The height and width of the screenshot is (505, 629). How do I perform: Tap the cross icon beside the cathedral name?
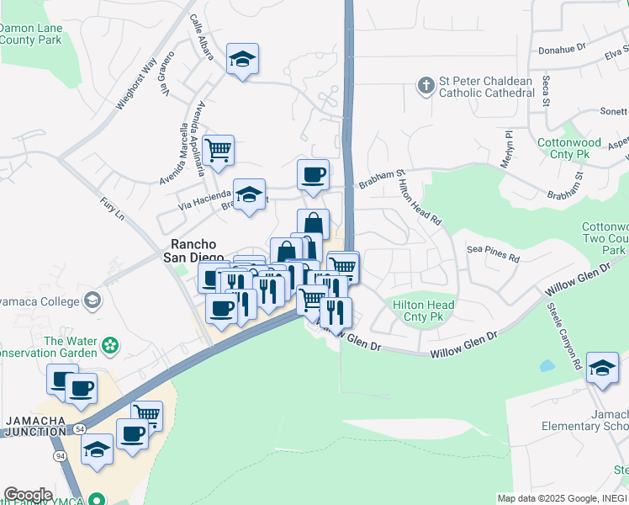pyautogui.click(x=425, y=85)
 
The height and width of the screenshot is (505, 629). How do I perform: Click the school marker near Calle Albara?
pyautogui.click(x=242, y=59)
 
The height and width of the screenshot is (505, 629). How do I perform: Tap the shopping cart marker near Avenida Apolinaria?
pyautogui.click(x=218, y=151)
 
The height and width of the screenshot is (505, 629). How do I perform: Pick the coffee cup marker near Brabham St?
pyautogui.click(x=313, y=175)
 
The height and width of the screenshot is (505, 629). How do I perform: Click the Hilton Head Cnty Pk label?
pyautogui.click(x=424, y=311)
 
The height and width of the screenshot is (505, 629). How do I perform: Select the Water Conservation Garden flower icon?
pyautogui.click(x=109, y=346)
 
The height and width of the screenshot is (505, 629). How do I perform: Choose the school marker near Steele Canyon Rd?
pyautogui.click(x=602, y=368)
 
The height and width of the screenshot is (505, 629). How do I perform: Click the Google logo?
pyautogui.click(x=27, y=495)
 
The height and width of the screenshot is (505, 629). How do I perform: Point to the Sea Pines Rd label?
pyautogui.click(x=494, y=251)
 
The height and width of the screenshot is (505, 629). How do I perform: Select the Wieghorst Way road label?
pyautogui.click(x=136, y=83)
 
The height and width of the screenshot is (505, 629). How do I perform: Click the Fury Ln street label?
pyautogui.click(x=112, y=210)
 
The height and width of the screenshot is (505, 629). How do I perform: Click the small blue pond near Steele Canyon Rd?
pyautogui.click(x=547, y=366)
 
